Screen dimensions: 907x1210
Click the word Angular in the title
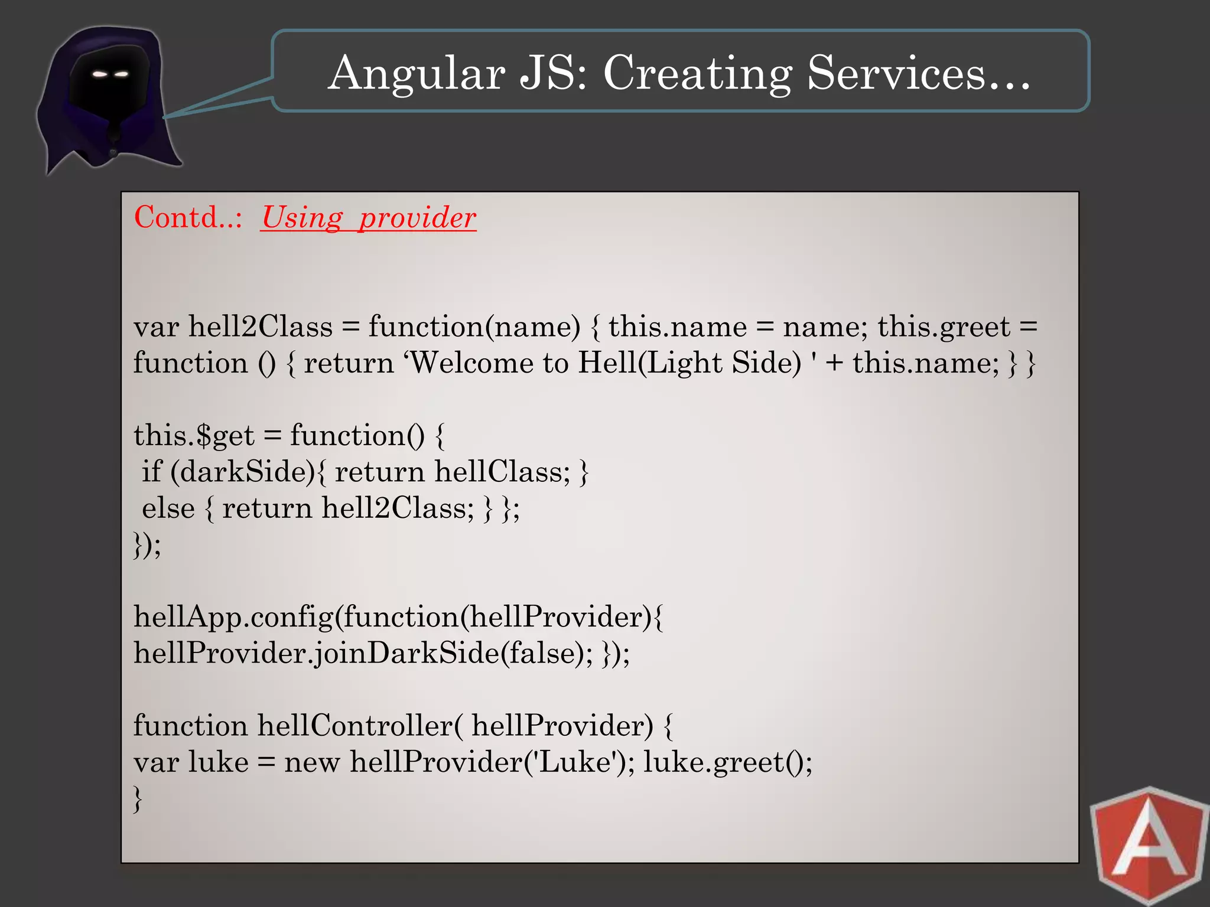click(417, 74)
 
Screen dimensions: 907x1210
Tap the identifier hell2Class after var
click(261, 327)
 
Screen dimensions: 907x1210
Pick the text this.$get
click(194, 436)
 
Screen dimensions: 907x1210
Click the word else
click(168, 508)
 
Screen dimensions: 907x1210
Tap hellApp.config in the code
click(233, 617)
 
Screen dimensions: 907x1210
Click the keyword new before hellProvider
click(312, 762)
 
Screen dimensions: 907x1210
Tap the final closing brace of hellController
click(138, 799)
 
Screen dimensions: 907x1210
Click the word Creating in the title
click(697, 74)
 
